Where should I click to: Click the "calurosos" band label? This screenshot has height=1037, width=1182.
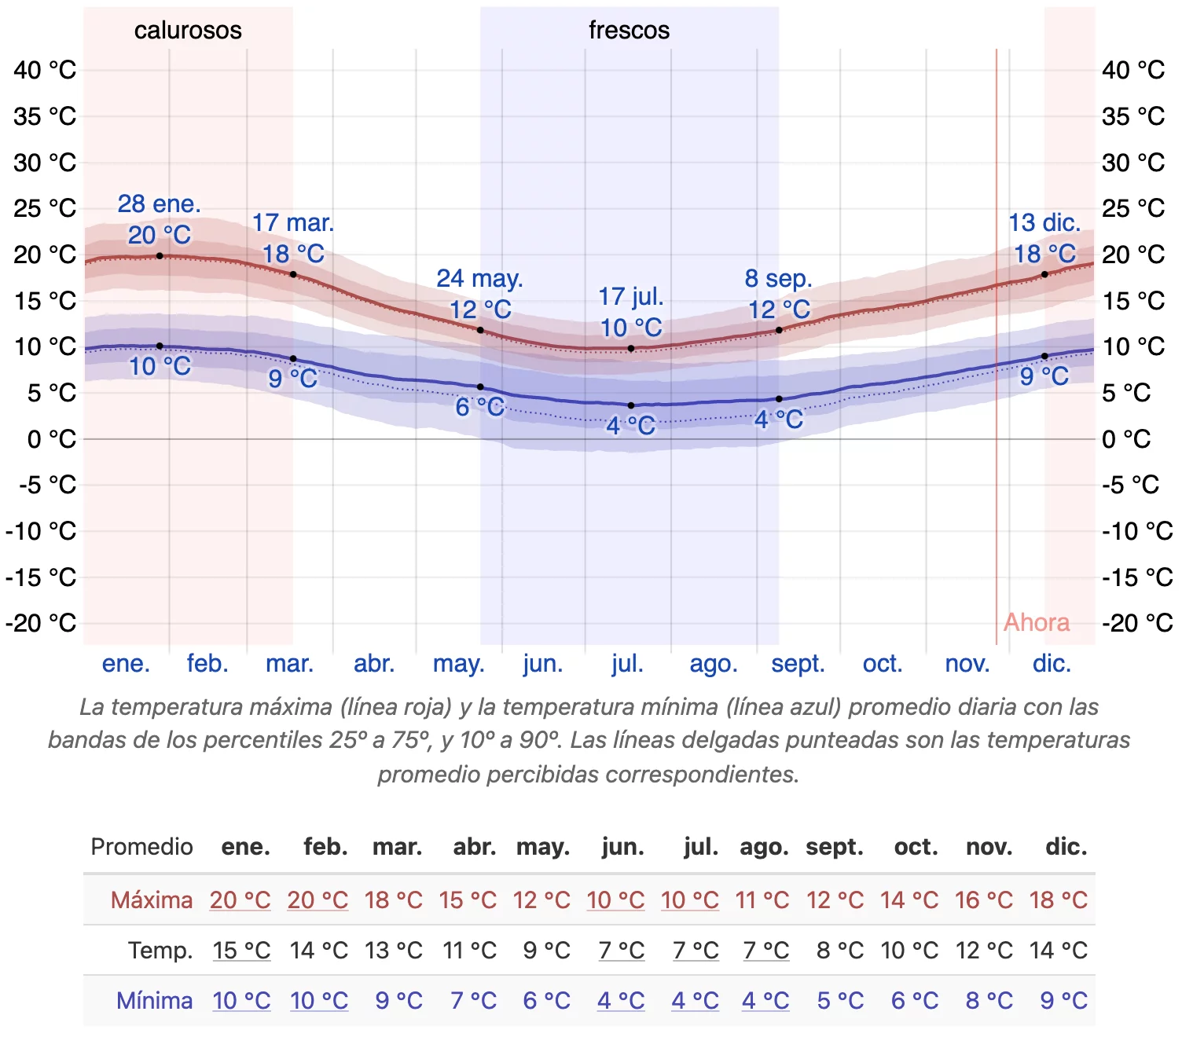tap(188, 31)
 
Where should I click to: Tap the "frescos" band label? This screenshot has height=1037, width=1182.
tap(629, 31)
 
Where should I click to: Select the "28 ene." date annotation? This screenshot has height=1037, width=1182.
tap(160, 204)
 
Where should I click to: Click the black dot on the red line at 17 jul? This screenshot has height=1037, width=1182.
tap(631, 348)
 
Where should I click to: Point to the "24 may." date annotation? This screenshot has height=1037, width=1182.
tap(479, 279)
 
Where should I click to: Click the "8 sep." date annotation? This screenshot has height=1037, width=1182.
tap(778, 279)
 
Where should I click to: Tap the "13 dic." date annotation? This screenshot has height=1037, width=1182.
tap(1044, 223)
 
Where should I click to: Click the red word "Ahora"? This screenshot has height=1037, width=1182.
tap(1037, 623)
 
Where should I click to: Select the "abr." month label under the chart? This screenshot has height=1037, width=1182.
tap(374, 664)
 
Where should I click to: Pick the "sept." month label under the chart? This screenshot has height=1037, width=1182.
tap(798, 664)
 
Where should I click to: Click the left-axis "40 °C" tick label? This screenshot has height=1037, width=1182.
tap(45, 70)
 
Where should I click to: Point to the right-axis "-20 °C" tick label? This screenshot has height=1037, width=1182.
tap(1137, 623)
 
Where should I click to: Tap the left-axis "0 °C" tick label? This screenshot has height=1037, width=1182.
tap(52, 439)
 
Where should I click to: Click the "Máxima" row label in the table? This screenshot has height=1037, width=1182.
tap(152, 900)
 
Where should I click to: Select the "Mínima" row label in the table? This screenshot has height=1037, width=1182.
tap(155, 1001)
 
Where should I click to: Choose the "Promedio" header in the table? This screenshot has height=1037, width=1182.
tap(142, 847)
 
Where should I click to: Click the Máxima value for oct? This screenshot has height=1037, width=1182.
tap(909, 900)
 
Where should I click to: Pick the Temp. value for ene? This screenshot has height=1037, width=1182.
tap(241, 951)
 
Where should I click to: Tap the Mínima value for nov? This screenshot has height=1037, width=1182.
tap(989, 1001)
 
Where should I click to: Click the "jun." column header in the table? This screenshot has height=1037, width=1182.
tap(622, 847)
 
